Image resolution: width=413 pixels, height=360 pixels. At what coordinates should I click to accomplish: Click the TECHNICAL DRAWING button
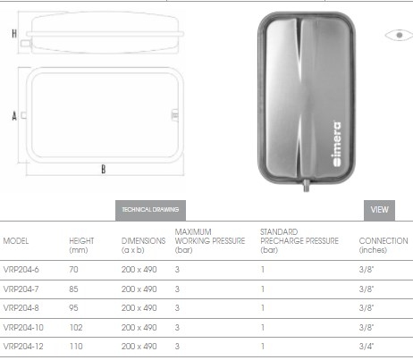pos(150,210)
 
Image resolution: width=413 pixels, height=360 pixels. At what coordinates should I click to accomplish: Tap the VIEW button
pos(379,210)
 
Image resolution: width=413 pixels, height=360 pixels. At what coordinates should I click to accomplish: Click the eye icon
pos(399,35)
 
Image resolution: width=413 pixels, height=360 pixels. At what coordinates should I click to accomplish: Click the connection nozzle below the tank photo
pos(306,185)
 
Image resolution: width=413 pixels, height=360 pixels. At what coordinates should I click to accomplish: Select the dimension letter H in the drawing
pos(14,34)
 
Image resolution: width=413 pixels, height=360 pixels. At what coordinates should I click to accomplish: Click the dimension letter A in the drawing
pos(14,116)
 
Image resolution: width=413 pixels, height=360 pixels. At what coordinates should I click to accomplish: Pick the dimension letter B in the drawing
pos(104,169)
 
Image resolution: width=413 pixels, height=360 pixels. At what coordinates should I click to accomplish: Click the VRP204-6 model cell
pos(21,270)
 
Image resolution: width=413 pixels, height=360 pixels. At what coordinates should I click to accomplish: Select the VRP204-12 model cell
pos(23,347)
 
